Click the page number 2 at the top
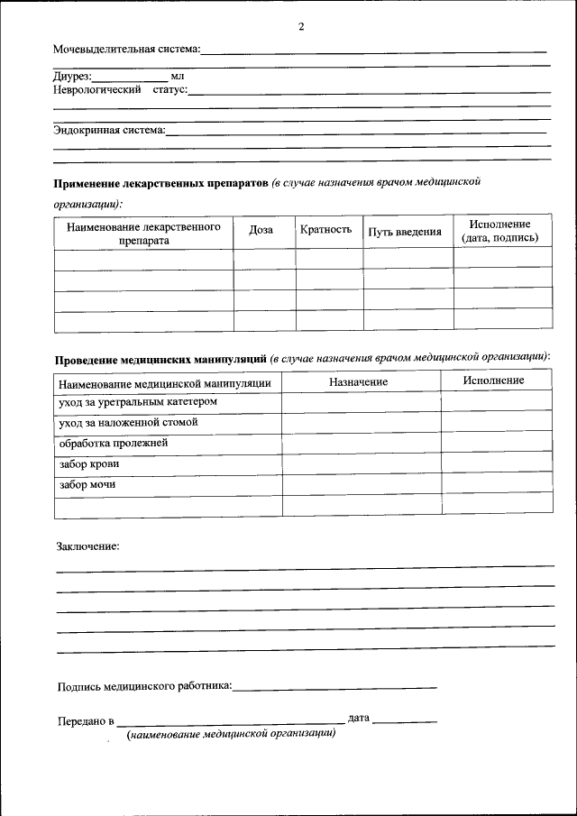(x=301, y=26)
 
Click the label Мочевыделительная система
(x=126, y=50)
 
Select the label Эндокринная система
(x=109, y=130)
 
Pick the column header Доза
(x=261, y=230)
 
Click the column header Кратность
(x=325, y=230)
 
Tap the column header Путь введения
(x=405, y=232)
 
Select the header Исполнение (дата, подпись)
(x=499, y=231)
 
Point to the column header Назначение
(x=358, y=381)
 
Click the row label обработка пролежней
(x=113, y=444)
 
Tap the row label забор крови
(x=88, y=464)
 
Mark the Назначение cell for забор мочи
(x=361, y=485)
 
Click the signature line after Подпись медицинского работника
(x=334, y=687)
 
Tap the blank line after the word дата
(x=405, y=720)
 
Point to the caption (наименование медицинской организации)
(x=232, y=735)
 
